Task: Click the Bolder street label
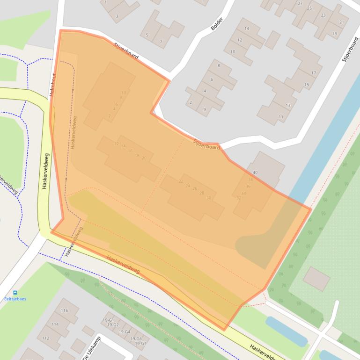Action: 217,24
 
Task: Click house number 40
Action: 255,173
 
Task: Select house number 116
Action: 64,310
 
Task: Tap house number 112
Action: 45,338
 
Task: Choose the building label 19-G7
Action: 141,343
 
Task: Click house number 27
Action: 300,3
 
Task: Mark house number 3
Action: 117,16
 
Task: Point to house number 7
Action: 161,42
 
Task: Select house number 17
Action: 313,73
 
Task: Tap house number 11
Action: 281,117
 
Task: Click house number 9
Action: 205,109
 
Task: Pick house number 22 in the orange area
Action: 181,181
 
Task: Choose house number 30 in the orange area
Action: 209,198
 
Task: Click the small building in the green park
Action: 316,279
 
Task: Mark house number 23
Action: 323,15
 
